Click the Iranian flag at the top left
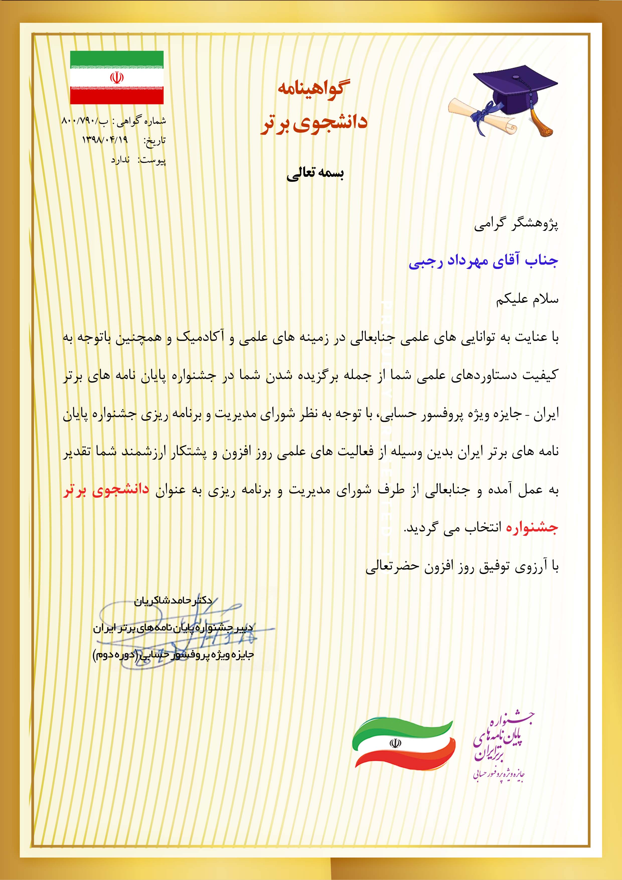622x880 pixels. click(117, 78)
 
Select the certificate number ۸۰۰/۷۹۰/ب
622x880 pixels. click(84, 121)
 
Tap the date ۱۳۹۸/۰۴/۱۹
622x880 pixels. click(105, 140)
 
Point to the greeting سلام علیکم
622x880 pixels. click(527, 299)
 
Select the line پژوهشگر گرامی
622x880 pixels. click(516, 224)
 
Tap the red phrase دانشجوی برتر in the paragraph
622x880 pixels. click(106, 491)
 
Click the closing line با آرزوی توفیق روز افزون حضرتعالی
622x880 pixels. click(462, 566)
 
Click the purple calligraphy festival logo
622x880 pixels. click(500, 746)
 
